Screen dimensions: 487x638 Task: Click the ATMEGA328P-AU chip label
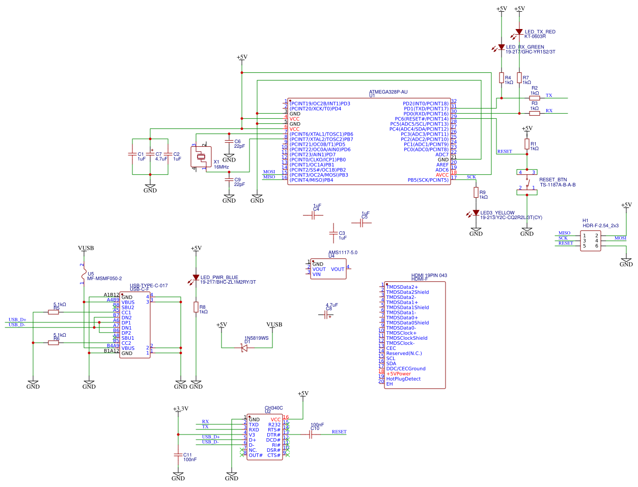point(388,92)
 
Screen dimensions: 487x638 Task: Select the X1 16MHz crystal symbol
point(201,157)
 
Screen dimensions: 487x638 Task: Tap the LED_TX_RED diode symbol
point(519,32)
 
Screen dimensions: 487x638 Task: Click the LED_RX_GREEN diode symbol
point(502,47)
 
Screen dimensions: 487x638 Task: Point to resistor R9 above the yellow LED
point(476,193)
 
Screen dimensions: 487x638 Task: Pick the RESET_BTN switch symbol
point(527,182)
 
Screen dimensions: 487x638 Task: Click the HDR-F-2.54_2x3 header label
point(600,225)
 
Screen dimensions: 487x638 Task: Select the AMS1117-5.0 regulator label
point(343,252)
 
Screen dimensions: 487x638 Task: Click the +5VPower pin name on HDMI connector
point(398,374)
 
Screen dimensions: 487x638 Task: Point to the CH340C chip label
point(273,408)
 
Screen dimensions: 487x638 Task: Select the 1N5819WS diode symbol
point(244,348)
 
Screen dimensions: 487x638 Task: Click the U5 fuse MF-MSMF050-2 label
point(104,279)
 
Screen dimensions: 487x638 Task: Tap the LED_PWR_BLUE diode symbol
point(196,278)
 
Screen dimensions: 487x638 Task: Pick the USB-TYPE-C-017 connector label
point(148,286)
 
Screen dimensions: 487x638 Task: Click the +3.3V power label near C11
point(180,409)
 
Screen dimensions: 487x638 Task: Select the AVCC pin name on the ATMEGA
point(442,175)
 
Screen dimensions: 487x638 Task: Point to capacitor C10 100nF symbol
point(311,435)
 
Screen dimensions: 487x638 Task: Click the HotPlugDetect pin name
point(403,379)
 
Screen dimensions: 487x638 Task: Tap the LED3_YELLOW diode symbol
point(476,213)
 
